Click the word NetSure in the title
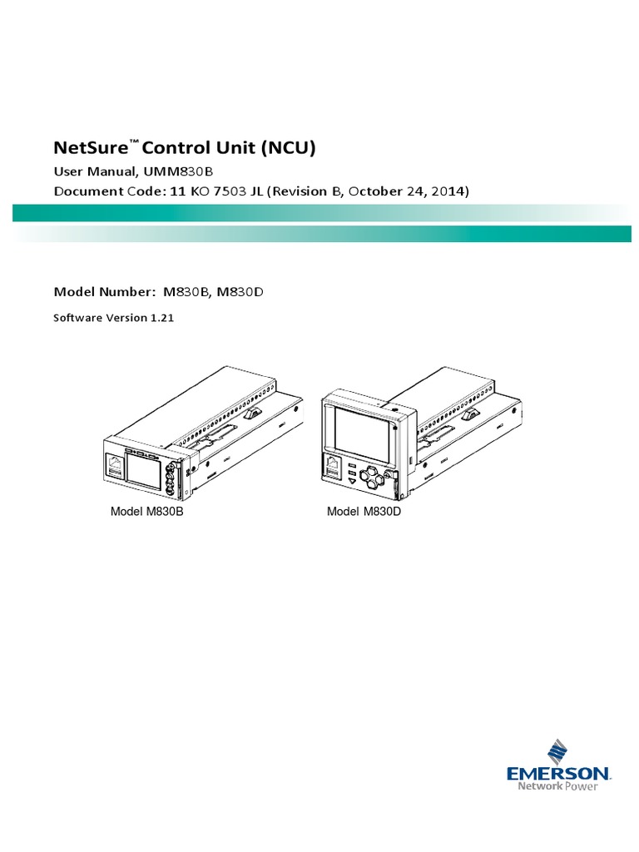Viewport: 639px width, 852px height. [91, 149]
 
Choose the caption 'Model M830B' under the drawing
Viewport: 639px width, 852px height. [146, 511]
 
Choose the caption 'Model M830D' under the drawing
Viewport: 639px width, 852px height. [364, 511]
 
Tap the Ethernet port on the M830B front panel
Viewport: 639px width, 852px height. [114, 465]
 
